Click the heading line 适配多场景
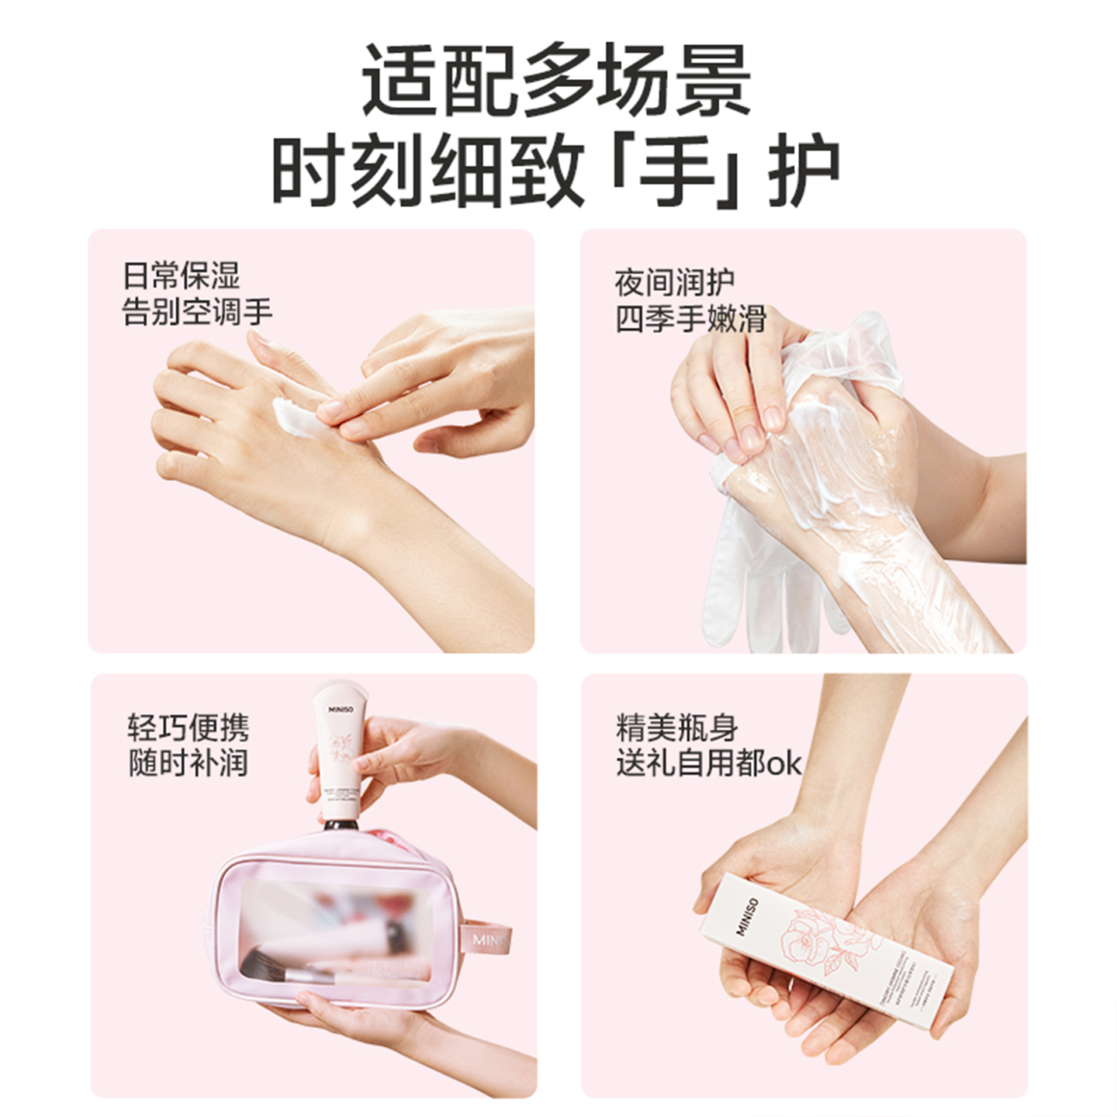[x=556, y=81]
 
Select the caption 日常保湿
[x=182, y=276]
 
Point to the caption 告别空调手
[x=197, y=312]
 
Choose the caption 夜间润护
[x=674, y=283]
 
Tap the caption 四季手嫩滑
[x=690, y=319]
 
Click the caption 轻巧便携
[x=188, y=728]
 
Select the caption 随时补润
[x=188, y=763]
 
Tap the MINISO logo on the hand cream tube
[x=341, y=709]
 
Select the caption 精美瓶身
[x=676, y=728]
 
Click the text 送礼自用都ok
[x=708, y=763]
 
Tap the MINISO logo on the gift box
[x=746, y=917]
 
